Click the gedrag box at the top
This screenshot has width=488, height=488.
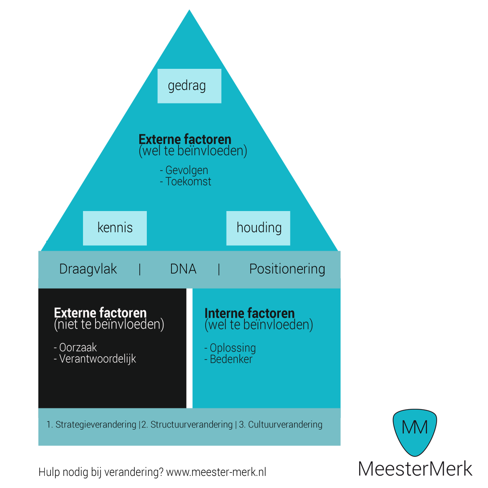tap(189, 86)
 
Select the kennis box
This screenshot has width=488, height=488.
tap(115, 228)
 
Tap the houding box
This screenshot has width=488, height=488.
tap(258, 228)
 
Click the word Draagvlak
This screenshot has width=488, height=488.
tap(88, 269)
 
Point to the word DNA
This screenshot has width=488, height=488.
tap(183, 269)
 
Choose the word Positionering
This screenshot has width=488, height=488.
tap(287, 269)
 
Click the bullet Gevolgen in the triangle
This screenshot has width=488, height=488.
tap(184, 170)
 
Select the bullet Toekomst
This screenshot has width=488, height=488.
tap(186, 181)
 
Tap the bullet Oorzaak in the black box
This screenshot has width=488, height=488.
tap(75, 347)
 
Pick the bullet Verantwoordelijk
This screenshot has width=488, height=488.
tap(95, 359)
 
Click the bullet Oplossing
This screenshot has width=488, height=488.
tap(230, 348)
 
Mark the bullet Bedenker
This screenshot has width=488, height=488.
tap(229, 359)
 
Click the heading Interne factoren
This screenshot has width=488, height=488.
tap(249, 313)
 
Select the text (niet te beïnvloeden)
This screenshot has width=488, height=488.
tap(109, 324)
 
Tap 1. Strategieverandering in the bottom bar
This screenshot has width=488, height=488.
tap(91, 425)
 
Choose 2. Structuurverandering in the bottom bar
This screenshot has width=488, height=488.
tap(187, 425)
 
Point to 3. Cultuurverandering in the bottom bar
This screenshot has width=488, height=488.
tap(281, 425)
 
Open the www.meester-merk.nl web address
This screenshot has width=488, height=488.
tap(216, 472)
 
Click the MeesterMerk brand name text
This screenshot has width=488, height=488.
tap(415, 469)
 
